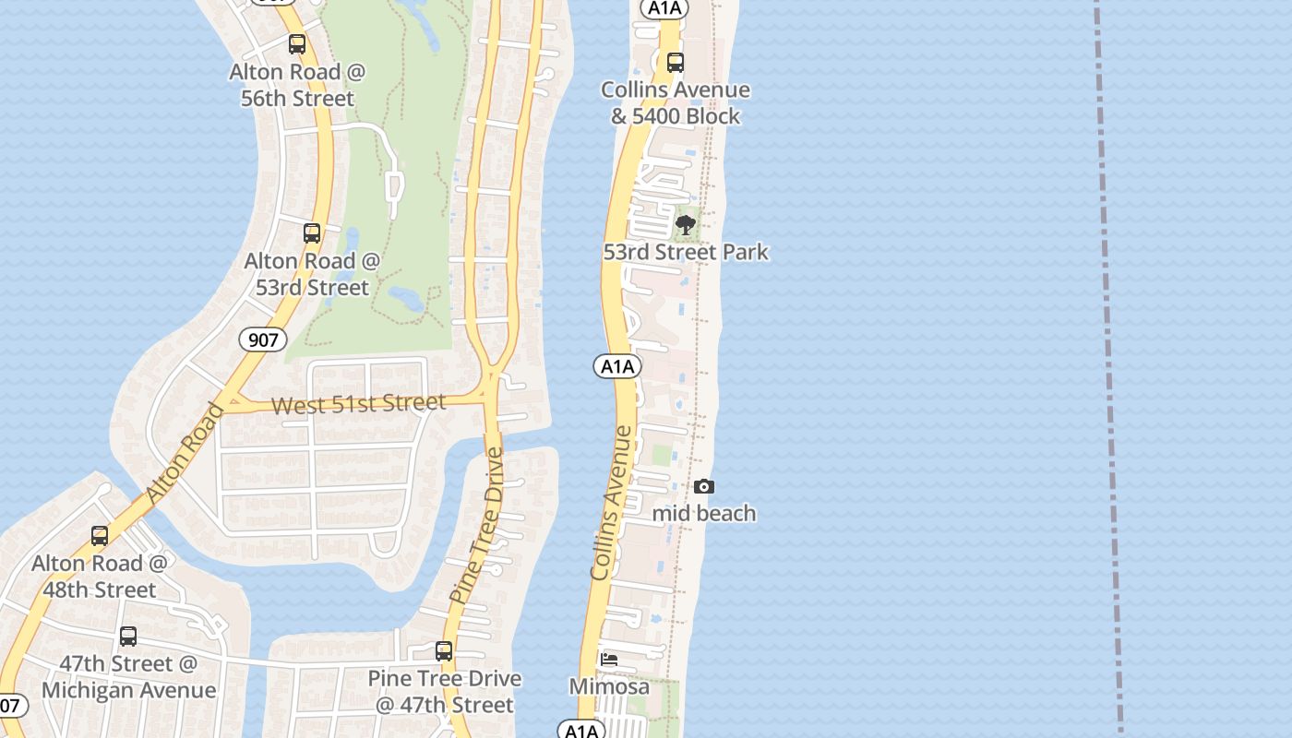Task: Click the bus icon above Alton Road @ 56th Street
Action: pos(296,44)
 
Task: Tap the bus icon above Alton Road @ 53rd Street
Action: pos(312,233)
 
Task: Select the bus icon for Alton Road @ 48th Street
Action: pos(100,536)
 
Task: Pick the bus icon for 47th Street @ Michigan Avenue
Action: pos(128,637)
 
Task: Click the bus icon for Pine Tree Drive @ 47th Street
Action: pos(444,651)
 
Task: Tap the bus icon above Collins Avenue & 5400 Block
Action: pos(676,63)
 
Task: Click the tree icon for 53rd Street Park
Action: pos(686,225)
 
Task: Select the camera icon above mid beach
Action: pos(703,486)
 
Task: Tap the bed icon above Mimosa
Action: pos(609,660)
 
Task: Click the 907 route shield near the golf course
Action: pos(263,339)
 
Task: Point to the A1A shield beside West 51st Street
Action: pos(616,366)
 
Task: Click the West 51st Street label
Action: pos(359,404)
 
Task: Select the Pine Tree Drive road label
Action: pos(477,526)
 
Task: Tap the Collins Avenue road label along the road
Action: pos(613,503)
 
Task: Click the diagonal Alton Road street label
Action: pos(185,455)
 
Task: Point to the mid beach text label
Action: pos(704,513)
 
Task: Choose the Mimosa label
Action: pos(609,686)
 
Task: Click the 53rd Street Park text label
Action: pos(686,252)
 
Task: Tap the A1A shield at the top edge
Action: pos(664,8)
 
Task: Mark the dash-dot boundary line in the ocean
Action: pos(1108,369)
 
